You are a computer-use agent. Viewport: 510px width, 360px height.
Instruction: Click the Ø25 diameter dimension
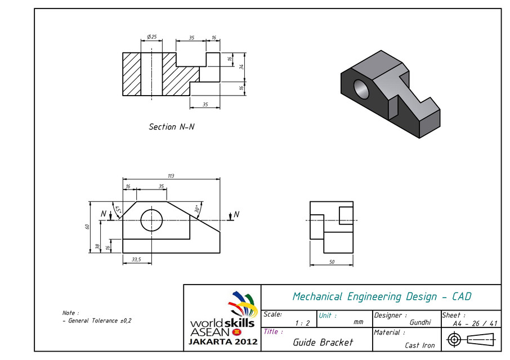tap(151, 37)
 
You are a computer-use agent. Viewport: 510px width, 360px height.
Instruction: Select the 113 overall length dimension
tap(171, 176)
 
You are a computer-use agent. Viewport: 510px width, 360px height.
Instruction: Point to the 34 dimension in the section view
tap(241, 67)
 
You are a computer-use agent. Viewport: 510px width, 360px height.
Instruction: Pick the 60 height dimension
tap(87, 227)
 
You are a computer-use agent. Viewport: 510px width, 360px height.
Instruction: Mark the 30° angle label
tap(197, 208)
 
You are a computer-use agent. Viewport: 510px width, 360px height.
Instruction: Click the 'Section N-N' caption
tap(172, 127)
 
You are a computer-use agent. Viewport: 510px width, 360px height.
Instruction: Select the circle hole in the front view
tap(151, 220)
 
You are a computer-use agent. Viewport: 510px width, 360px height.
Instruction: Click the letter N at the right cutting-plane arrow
tap(236, 214)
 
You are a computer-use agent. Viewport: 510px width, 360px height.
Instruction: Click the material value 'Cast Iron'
tap(419, 345)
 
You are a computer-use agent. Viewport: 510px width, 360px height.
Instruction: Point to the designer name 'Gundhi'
tap(420, 322)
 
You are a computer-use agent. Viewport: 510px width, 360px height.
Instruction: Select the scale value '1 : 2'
tap(302, 323)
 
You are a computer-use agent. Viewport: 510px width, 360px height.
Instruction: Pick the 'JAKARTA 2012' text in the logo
tap(223, 341)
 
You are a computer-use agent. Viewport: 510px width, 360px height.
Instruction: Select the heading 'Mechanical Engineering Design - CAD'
tap(382, 296)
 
